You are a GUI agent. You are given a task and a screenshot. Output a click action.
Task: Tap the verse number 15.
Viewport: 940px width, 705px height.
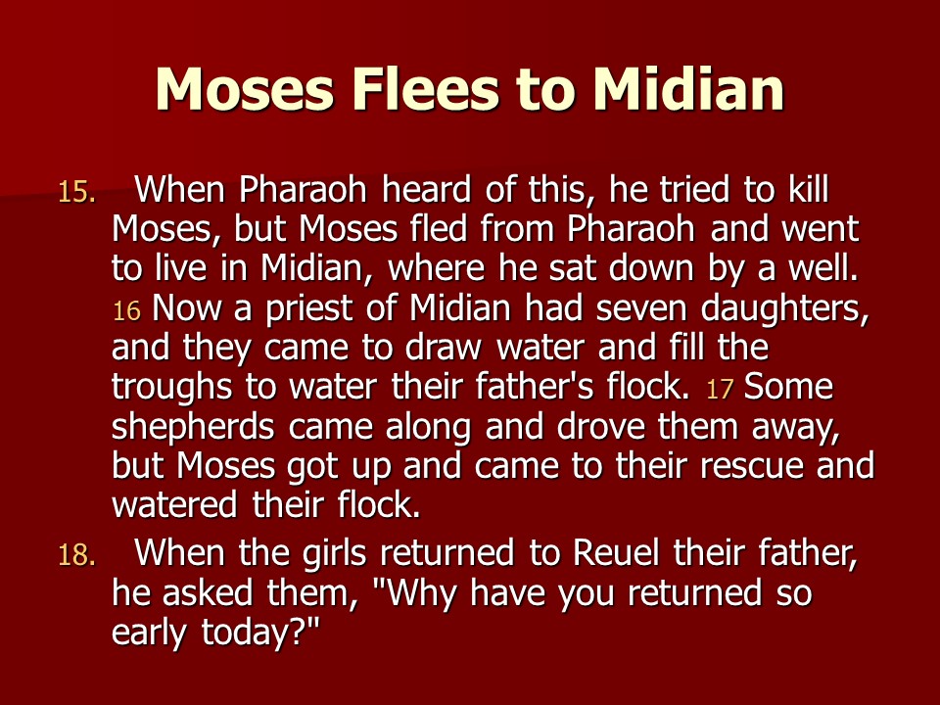76,193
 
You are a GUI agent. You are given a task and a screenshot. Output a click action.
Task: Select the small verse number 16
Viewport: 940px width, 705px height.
126,311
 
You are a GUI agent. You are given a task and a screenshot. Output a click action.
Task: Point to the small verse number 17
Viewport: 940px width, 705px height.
720,390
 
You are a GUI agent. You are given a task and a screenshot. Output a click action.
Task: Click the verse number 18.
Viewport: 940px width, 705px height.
76,555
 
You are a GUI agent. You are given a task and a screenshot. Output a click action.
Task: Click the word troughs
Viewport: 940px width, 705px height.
171,389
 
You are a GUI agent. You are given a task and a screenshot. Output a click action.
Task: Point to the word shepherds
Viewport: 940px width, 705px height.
193,429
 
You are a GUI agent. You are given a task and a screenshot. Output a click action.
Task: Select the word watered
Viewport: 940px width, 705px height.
174,505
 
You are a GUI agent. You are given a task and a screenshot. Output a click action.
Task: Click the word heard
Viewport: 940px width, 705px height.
426,189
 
